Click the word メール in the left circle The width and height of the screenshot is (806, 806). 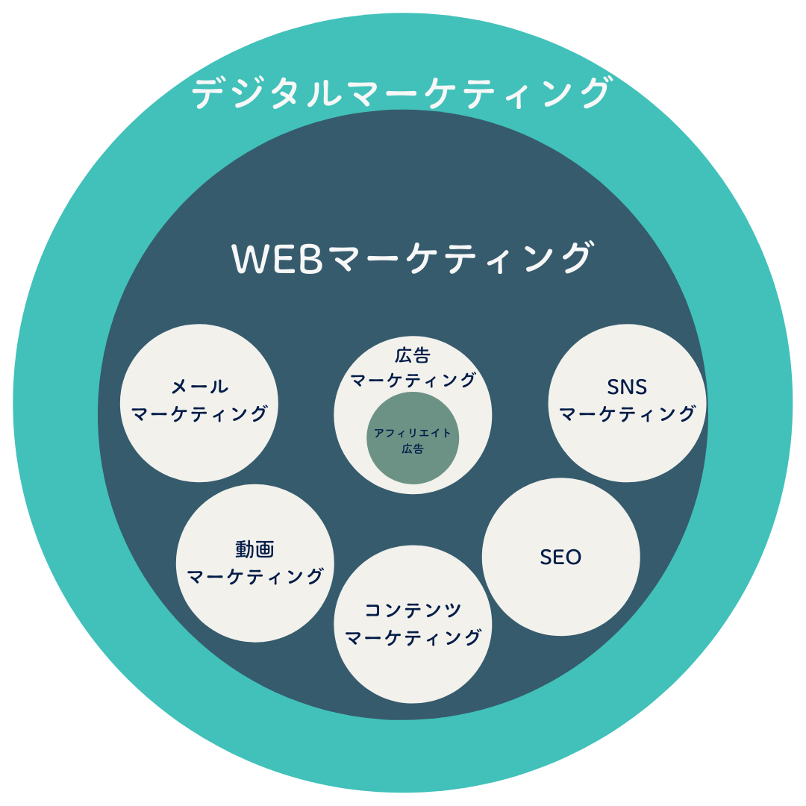coord(199,387)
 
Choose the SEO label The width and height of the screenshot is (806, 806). coord(560,557)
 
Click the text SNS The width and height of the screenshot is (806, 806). coord(626,387)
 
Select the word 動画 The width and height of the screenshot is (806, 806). coord(254,550)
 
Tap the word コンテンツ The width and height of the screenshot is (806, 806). coord(413,610)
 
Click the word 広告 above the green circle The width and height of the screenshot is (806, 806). coord(413,354)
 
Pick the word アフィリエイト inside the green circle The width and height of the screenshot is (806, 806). coord(413,433)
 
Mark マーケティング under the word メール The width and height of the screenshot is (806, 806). coord(199,413)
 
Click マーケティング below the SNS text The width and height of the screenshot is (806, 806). coord(628,413)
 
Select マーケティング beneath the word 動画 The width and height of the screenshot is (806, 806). coord(255,576)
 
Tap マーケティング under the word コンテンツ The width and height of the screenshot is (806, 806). coord(413,637)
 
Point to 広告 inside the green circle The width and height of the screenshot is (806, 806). coord(413,449)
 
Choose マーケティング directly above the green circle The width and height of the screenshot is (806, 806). coord(413,380)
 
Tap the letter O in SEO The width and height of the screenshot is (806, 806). coord(573,557)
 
